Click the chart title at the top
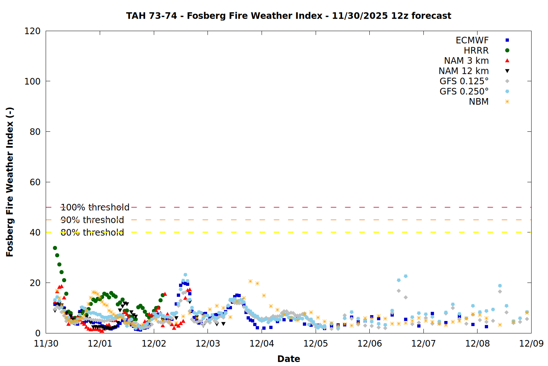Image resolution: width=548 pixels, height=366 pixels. [x=289, y=16]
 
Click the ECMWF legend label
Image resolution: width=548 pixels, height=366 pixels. [x=472, y=40]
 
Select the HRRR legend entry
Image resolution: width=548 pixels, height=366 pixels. [x=476, y=51]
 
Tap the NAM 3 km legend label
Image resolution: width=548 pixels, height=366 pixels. [x=466, y=61]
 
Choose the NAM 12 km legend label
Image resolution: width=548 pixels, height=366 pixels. [x=464, y=71]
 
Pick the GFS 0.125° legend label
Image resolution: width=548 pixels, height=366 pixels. [x=464, y=81]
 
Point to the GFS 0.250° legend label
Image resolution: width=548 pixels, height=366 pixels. [x=464, y=91]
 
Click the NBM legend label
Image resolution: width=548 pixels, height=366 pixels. [x=479, y=102]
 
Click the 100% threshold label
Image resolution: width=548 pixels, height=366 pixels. [x=95, y=208]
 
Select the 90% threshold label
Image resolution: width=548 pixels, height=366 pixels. [x=92, y=220]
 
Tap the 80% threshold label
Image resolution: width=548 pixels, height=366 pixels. [x=92, y=232]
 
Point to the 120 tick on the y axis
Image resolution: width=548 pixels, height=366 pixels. [x=33, y=31]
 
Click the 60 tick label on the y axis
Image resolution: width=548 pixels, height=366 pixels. [x=35, y=182]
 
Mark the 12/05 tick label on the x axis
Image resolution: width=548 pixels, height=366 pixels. [x=316, y=344]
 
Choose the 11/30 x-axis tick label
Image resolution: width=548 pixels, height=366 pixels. [x=46, y=344]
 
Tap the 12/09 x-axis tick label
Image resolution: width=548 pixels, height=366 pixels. [x=531, y=344]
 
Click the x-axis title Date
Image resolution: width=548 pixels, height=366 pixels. [x=289, y=359]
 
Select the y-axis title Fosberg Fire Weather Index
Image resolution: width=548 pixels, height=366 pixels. [x=10, y=182]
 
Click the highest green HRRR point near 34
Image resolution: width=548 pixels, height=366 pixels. [x=55, y=248]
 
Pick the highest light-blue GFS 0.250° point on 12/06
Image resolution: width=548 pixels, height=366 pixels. [x=406, y=276]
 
